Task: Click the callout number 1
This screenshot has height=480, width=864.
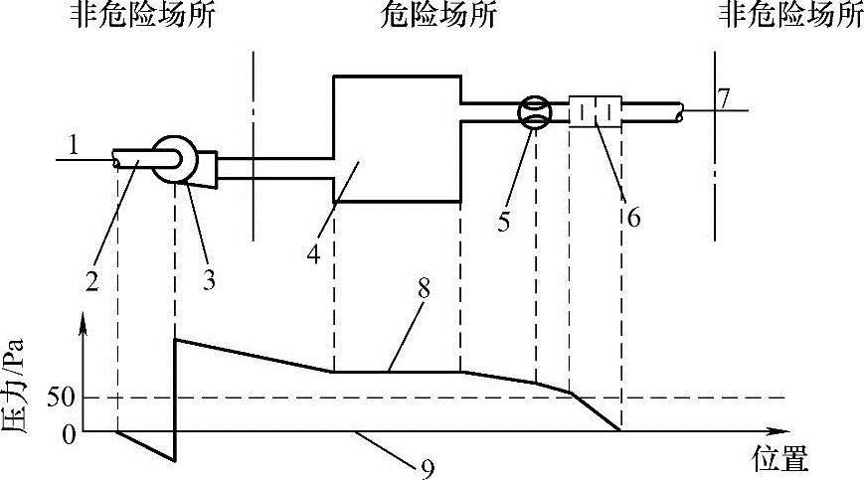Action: tap(74, 145)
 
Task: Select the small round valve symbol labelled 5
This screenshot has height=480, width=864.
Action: tap(535, 111)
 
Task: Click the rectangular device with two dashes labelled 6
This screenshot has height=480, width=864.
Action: tap(595, 111)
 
